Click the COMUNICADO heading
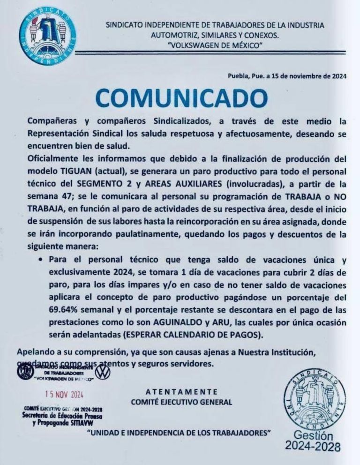click(x=181, y=97)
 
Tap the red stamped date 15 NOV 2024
click(x=65, y=394)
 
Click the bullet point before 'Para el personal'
click(x=42, y=259)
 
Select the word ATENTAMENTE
click(x=181, y=391)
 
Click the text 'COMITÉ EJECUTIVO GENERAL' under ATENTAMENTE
click(x=181, y=402)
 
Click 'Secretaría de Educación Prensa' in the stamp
click(x=62, y=415)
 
